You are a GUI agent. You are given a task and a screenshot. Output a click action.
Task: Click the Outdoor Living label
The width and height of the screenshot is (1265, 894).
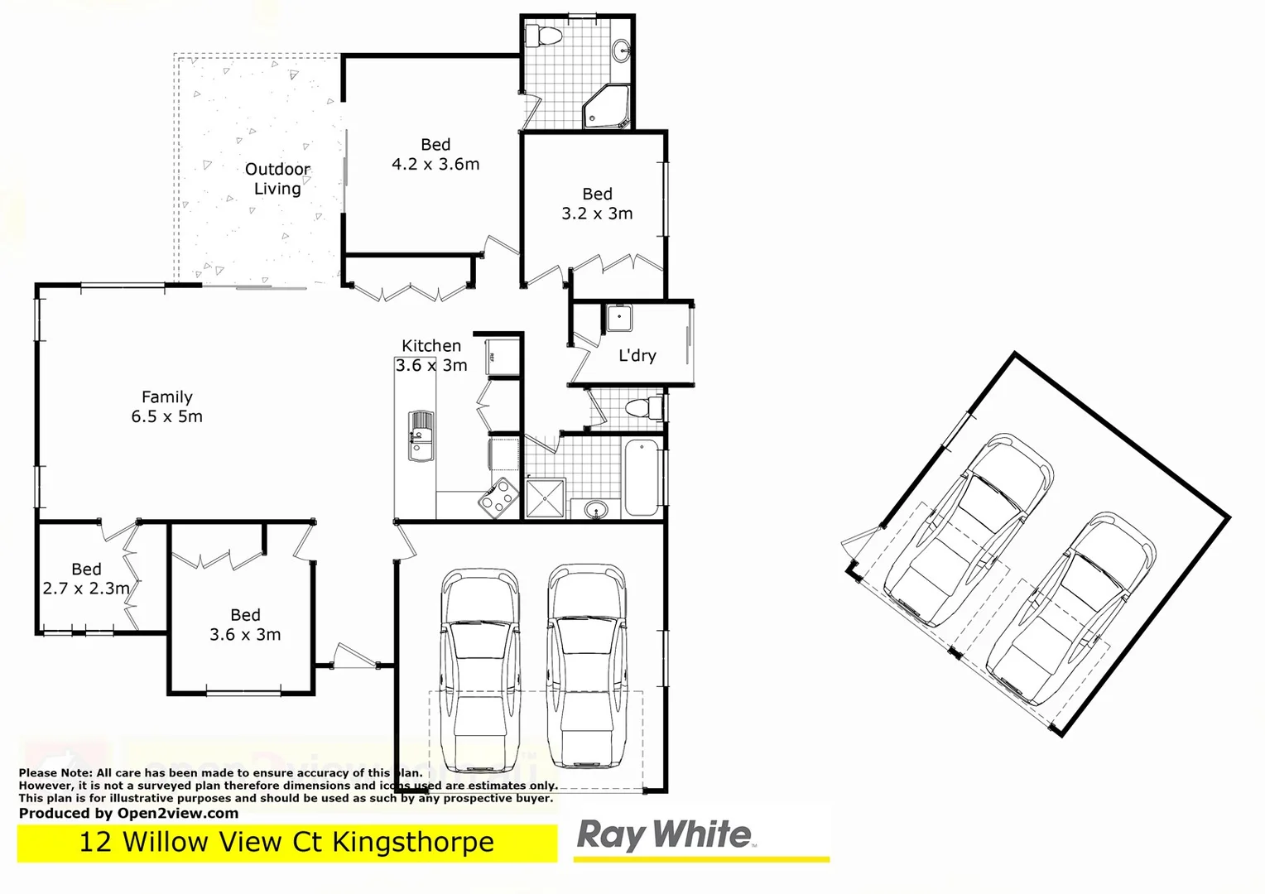[x=277, y=179]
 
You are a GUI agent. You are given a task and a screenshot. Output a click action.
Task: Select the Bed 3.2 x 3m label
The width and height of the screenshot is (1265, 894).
[x=597, y=204]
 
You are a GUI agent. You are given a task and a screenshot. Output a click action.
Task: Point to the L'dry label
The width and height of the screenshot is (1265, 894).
[x=637, y=355]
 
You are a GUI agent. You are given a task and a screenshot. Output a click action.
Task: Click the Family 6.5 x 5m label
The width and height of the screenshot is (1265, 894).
[x=166, y=406]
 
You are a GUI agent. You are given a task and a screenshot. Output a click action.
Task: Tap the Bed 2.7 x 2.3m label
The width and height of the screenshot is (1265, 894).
[x=86, y=579]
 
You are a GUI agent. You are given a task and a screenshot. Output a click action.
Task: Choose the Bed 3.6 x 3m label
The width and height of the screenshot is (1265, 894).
[x=245, y=624]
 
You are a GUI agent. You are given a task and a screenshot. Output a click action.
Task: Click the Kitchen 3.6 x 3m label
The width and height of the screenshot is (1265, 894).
[x=430, y=355]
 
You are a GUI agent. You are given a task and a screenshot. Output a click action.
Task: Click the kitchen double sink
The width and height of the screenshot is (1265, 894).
[x=421, y=435]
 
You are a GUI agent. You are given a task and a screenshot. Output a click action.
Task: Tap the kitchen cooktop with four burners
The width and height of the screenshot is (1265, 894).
[x=499, y=497]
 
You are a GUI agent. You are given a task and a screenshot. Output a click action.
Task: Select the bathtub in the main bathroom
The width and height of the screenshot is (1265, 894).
[x=642, y=478]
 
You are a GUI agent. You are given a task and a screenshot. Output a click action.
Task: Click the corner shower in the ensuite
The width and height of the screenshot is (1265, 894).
[x=607, y=107]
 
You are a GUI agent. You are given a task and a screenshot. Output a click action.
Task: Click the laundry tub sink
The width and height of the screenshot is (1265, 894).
[x=618, y=318]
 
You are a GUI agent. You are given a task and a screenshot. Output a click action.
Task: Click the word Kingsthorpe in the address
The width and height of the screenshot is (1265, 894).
[x=412, y=843]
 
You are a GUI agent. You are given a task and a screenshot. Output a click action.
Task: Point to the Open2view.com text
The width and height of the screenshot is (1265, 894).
[x=177, y=813]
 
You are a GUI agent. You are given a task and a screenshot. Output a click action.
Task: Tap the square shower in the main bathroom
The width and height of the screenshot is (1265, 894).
[x=545, y=497]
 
